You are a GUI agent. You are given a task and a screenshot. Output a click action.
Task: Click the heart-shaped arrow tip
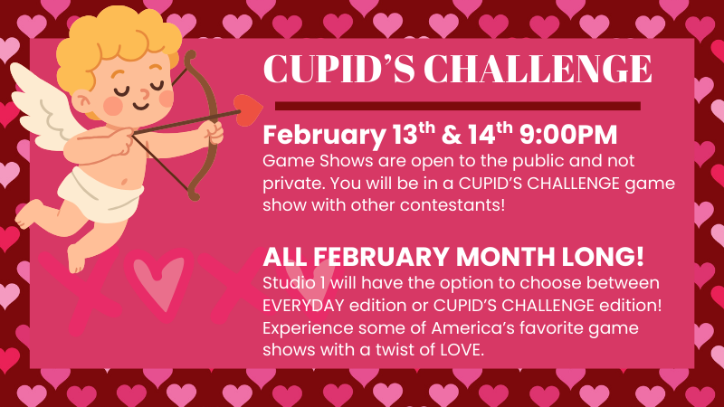pyautogui.click(x=248, y=109)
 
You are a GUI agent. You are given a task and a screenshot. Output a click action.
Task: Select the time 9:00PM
pyautogui.click(x=568, y=135)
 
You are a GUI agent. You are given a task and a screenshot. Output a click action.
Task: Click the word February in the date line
pyautogui.click(x=324, y=136)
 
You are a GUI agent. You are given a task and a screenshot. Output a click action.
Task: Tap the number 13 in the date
pyautogui.click(x=405, y=135)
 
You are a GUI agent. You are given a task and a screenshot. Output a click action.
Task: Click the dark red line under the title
pyautogui.click(x=458, y=107)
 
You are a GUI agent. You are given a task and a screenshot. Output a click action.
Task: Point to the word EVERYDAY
pyautogui.click(x=303, y=306)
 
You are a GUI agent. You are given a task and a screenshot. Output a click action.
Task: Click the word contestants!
pyautogui.click(x=452, y=205)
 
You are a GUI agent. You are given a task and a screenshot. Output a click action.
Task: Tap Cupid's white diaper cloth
pyautogui.click(x=100, y=194)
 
